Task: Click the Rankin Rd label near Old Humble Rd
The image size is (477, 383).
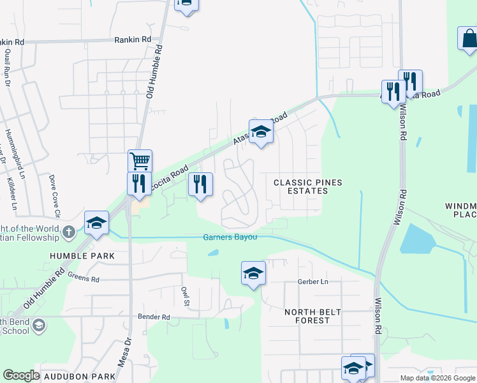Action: (x=133, y=39)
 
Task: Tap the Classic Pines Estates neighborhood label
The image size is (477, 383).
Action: (x=308, y=187)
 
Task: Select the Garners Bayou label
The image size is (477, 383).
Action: (x=230, y=237)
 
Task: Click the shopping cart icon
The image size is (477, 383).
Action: (x=140, y=160)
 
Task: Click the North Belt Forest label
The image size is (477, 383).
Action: (x=313, y=316)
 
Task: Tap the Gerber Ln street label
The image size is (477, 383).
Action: (x=312, y=282)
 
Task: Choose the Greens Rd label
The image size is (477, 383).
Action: (x=84, y=279)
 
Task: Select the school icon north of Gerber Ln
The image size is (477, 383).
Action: (x=253, y=273)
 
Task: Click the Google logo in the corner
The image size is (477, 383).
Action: (x=21, y=375)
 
